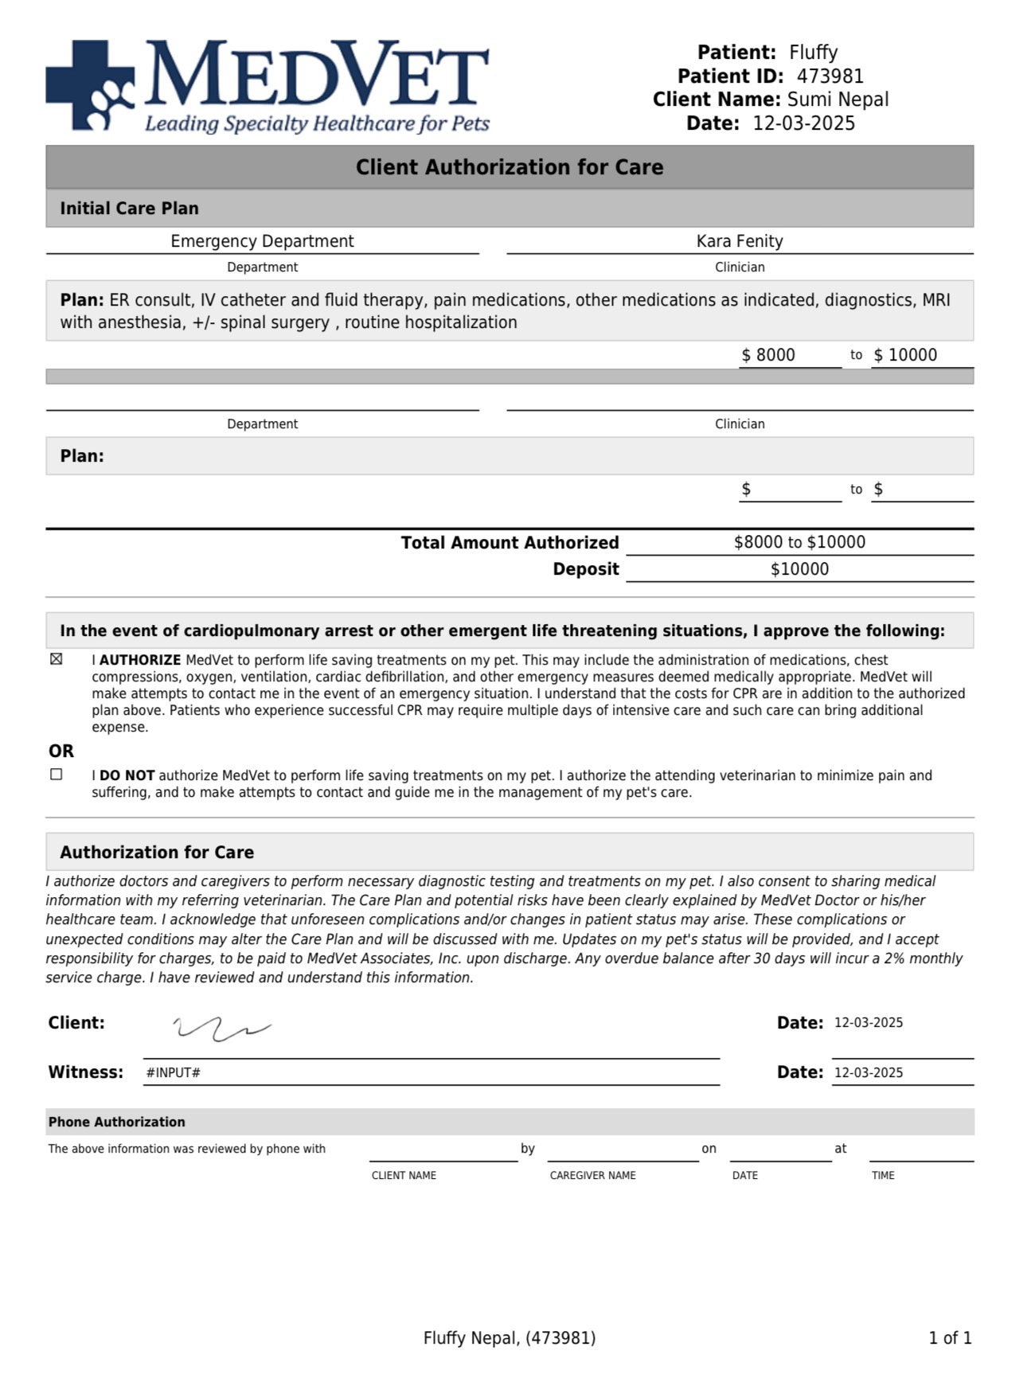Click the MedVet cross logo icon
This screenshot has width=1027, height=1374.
[x=90, y=86]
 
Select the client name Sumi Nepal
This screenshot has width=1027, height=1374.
[x=838, y=100]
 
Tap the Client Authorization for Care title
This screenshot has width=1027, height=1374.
[x=510, y=167]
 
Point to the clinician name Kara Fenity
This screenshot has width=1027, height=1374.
[x=740, y=241]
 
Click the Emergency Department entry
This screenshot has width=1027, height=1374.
[x=262, y=241]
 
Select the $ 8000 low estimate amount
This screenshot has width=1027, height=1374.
[x=768, y=355]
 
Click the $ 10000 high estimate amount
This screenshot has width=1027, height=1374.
[x=905, y=355]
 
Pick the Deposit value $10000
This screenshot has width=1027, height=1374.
[x=799, y=569]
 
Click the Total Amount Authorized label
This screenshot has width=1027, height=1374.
[x=510, y=543]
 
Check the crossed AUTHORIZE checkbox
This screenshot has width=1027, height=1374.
[x=57, y=659]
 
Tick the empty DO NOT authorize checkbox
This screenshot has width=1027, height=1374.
[x=57, y=775]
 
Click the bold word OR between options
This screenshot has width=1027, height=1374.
[x=61, y=751]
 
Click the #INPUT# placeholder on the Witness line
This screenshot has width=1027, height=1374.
[x=173, y=1073]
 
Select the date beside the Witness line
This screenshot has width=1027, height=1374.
[x=869, y=1073]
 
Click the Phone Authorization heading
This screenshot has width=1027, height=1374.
[x=117, y=1122]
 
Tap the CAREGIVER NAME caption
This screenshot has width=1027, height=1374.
[x=592, y=1176]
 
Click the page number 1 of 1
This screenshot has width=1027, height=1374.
[x=950, y=1338]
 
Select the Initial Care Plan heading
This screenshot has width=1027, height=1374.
[x=129, y=209]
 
